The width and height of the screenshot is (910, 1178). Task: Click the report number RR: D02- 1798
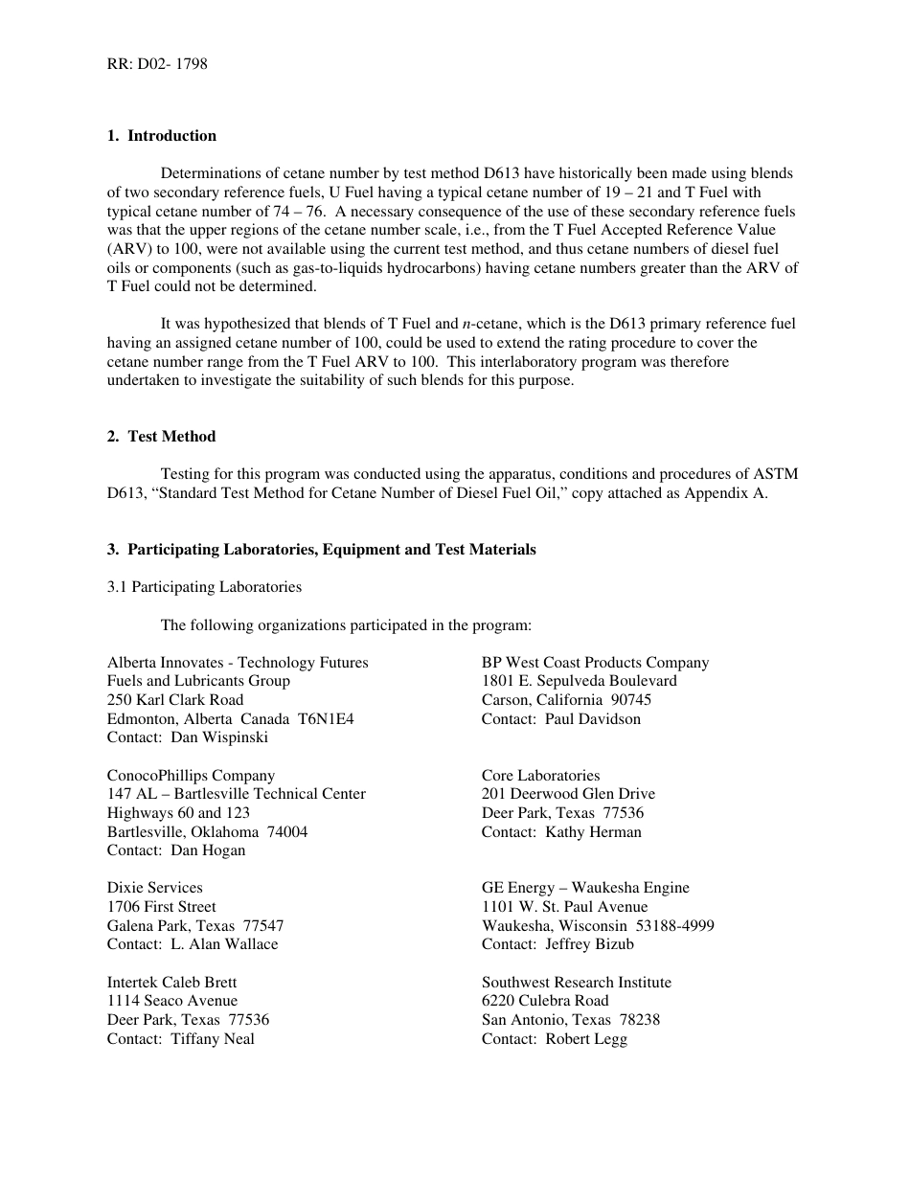(157, 64)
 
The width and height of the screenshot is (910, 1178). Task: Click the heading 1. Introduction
(162, 136)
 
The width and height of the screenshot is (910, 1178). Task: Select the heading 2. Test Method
(162, 437)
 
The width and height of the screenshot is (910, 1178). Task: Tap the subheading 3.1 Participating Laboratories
(204, 587)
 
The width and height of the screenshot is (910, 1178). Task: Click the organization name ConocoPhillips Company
(191, 776)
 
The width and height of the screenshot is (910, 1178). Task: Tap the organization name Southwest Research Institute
(577, 983)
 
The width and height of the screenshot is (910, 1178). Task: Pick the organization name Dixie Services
(155, 888)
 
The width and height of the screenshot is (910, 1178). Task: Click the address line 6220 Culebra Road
(545, 1002)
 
